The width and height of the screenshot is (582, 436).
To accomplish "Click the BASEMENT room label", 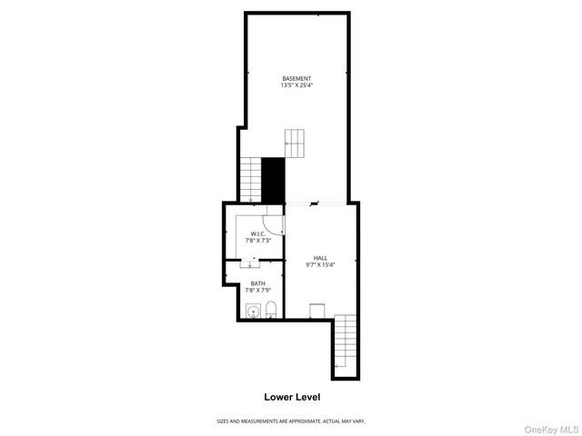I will point(296,79).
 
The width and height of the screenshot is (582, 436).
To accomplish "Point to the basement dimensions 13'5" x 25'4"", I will point(296,86).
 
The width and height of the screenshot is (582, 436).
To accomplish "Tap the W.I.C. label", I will point(257,234).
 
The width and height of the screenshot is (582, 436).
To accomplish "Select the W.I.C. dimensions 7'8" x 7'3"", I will point(257,241).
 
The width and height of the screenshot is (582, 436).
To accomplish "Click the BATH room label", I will point(258,283).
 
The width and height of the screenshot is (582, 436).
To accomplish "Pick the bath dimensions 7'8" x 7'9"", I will point(258,291).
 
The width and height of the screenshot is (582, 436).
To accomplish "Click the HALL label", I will point(321,257).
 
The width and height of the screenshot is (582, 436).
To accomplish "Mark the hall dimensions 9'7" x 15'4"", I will point(321,264).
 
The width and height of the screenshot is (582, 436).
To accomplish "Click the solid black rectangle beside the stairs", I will point(273,180).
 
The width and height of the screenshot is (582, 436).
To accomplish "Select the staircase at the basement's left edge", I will point(250,180).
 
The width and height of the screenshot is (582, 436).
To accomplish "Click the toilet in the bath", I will point(271,311).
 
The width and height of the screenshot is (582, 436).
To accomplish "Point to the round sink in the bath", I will point(254,312).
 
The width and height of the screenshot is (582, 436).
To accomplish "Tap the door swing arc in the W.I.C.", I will point(271,224).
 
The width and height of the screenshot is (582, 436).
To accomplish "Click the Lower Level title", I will point(292,397).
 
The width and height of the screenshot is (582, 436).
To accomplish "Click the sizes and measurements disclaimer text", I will point(290,421).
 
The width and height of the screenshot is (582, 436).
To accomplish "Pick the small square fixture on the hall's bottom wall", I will point(317,310).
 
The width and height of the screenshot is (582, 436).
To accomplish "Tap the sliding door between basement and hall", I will point(315,203).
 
